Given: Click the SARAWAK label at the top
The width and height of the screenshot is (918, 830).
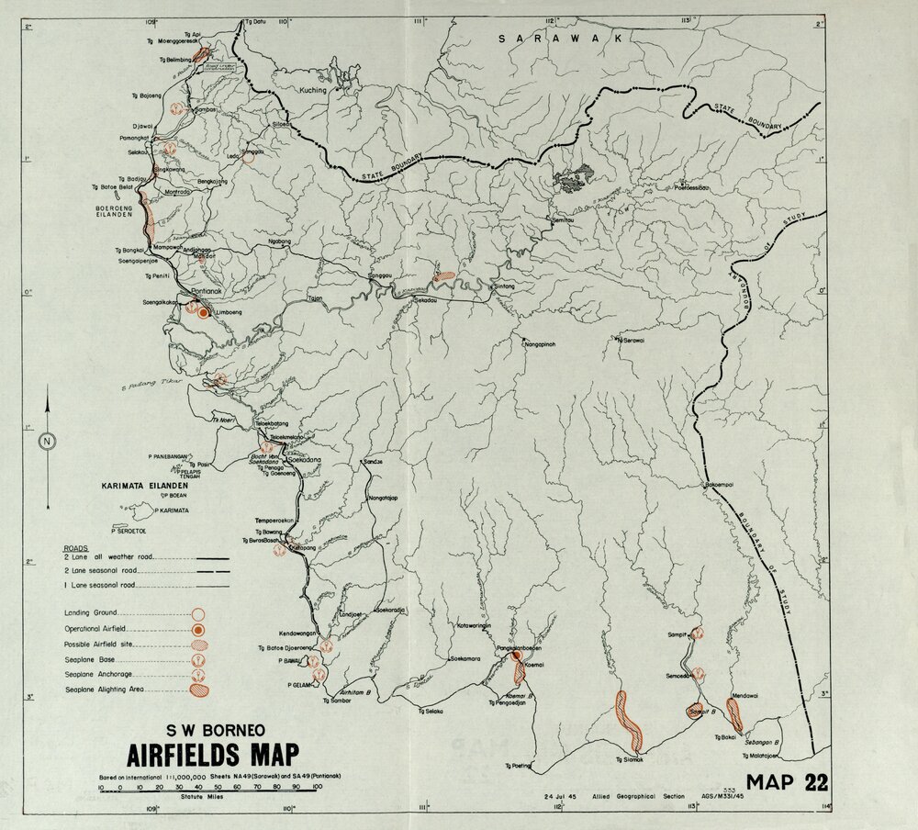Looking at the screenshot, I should tap(560, 39).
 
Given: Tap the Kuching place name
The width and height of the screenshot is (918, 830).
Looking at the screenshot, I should tap(313, 90).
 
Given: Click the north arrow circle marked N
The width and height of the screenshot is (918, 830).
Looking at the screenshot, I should tap(46, 442).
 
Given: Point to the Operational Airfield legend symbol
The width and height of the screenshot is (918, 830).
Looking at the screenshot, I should tap(197, 630).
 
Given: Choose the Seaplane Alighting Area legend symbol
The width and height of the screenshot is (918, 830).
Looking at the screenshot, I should tap(197, 689).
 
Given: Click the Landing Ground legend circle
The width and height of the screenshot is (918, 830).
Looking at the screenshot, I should tap(197, 613).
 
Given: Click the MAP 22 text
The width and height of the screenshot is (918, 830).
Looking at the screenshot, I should tap(787, 783).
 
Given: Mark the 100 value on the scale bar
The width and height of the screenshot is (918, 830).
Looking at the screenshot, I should tap(318, 787).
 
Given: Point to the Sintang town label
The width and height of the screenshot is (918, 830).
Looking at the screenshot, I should tap(507, 286).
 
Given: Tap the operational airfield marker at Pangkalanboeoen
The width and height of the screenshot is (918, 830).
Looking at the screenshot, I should tap(516, 656).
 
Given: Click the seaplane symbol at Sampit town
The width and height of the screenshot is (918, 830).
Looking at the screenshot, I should tap(698, 633).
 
